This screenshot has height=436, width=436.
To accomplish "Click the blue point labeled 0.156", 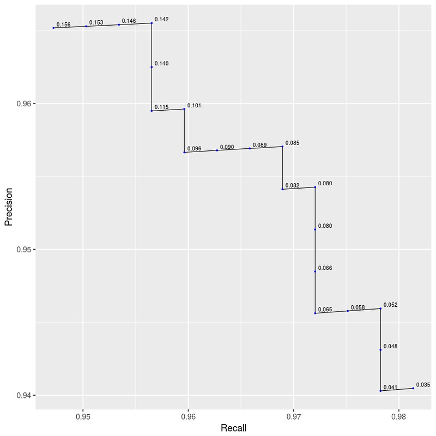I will click(x=53, y=28).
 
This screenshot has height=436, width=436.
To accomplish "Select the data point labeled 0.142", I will click(x=152, y=23).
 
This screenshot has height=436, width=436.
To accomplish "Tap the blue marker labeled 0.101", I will click(x=184, y=109).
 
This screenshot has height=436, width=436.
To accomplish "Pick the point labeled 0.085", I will click(x=282, y=147).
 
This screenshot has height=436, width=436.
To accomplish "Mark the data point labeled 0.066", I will click(x=315, y=271).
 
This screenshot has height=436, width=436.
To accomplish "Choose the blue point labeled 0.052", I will click(x=380, y=309).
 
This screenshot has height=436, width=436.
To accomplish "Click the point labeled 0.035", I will click(x=413, y=388).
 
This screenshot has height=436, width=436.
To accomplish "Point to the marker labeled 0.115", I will click(x=152, y=111).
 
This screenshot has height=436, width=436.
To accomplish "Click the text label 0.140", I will click(x=161, y=64).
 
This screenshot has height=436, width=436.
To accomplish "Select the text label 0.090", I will click(x=227, y=147).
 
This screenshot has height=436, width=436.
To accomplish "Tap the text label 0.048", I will click(x=390, y=347).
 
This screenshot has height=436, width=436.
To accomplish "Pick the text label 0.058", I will click(x=358, y=308).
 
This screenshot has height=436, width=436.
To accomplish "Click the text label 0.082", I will click(x=292, y=186).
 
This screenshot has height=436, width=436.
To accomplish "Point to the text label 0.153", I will click(x=96, y=23).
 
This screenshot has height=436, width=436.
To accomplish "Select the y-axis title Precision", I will click(x=8, y=207).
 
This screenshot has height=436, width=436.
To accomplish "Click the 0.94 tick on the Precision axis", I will click(x=25, y=395).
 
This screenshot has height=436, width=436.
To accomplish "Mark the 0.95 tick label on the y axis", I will click(x=25, y=250).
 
